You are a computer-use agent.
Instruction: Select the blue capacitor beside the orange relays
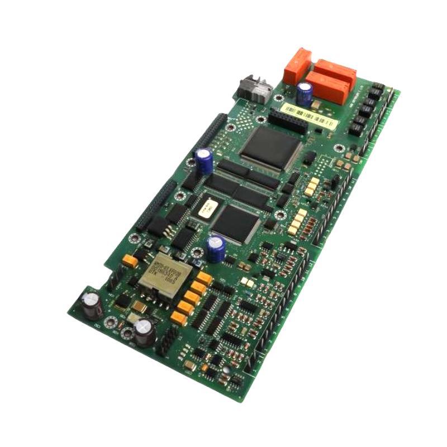point(305,93)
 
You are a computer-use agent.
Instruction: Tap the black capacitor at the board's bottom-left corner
point(91,303)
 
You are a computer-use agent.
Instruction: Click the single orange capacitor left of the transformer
point(130,260)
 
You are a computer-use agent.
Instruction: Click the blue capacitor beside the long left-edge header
point(203,159)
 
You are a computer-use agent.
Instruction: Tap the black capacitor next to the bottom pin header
point(144,331)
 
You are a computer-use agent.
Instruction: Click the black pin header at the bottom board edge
point(167,340)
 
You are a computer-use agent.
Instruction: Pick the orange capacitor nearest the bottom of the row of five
point(179,317)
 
